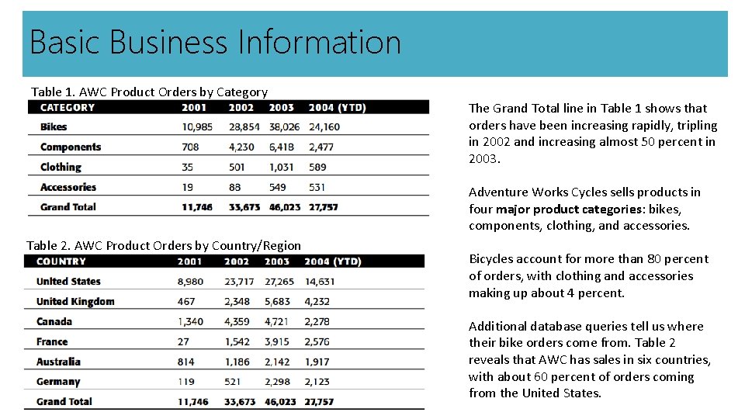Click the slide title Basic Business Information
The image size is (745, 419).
pyautogui.click(x=215, y=42)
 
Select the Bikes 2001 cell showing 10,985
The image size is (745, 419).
pyautogui.click(x=197, y=127)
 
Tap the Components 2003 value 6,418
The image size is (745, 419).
pyautogui.click(x=282, y=147)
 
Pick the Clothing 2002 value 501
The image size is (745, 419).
pyautogui.click(x=237, y=167)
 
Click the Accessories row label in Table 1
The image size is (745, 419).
pyautogui.click(x=68, y=187)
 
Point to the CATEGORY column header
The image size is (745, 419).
pyautogui.click(x=68, y=108)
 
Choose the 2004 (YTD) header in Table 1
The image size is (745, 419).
pyautogui.click(x=337, y=108)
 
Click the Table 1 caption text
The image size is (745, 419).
pyautogui.click(x=149, y=92)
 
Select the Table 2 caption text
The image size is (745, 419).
pyautogui.click(x=164, y=245)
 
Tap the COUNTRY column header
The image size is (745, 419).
pyautogui.click(x=61, y=261)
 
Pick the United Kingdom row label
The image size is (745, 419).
pyautogui.click(x=75, y=302)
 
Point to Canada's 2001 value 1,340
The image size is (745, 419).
pyautogui.click(x=190, y=321)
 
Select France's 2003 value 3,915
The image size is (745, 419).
pyautogui.click(x=277, y=341)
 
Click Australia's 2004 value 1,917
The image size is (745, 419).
pyautogui.click(x=317, y=362)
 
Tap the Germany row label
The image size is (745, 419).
pyautogui.click(x=58, y=382)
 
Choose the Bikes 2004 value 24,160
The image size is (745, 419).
pyautogui.click(x=324, y=127)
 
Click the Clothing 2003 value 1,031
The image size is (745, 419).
pyautogui.click(x=282, y=167)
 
